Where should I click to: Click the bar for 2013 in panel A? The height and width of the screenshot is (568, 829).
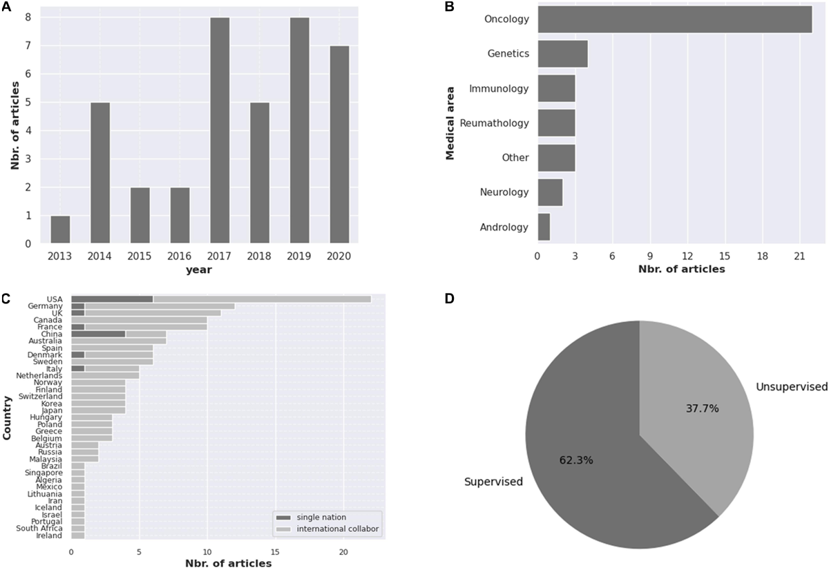tap(60, 229)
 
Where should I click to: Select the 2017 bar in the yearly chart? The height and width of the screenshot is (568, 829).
tap(220, 131)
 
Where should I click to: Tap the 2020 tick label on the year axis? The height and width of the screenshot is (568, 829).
tap(339, 256)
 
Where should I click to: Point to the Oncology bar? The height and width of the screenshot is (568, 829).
tap(674, 19)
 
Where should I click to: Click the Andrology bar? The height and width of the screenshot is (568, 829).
tap(544, 227)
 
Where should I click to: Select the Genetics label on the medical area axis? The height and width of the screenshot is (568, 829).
tap(508, 53)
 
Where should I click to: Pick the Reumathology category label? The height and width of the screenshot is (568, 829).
tap(495, 123)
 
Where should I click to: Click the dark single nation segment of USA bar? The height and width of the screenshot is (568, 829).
tap(112, 299)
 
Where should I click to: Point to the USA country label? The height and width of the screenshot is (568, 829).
tap(55, 299)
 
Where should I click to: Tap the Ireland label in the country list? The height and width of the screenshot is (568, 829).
tap(50, 536)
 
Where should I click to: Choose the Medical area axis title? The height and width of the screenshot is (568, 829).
tap(451, 123)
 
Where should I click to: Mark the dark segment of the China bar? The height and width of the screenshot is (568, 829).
tap(98, 334)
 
